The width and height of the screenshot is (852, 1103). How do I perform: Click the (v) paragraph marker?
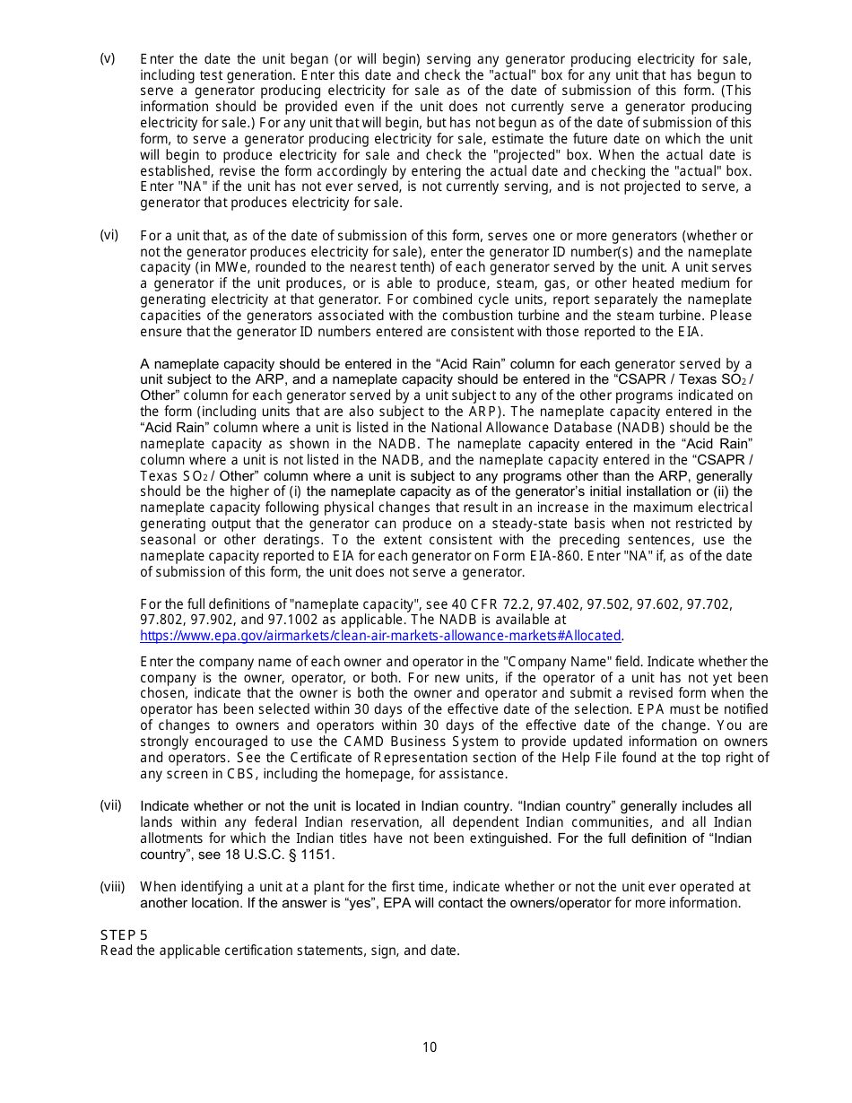pos(108,59)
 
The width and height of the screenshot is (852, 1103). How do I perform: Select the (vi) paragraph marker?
pos(109,236)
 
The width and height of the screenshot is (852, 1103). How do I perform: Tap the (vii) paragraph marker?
pos(110,805)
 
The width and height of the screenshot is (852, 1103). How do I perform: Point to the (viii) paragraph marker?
pos(112,887)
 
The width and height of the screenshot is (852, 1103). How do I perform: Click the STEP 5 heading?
pos(124,934)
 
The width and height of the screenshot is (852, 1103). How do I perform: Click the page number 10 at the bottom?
pos(430,1047)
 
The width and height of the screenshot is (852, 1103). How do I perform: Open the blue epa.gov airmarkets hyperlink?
pos(380,636)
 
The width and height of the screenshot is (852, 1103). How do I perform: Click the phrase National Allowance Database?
pos(514,428)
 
